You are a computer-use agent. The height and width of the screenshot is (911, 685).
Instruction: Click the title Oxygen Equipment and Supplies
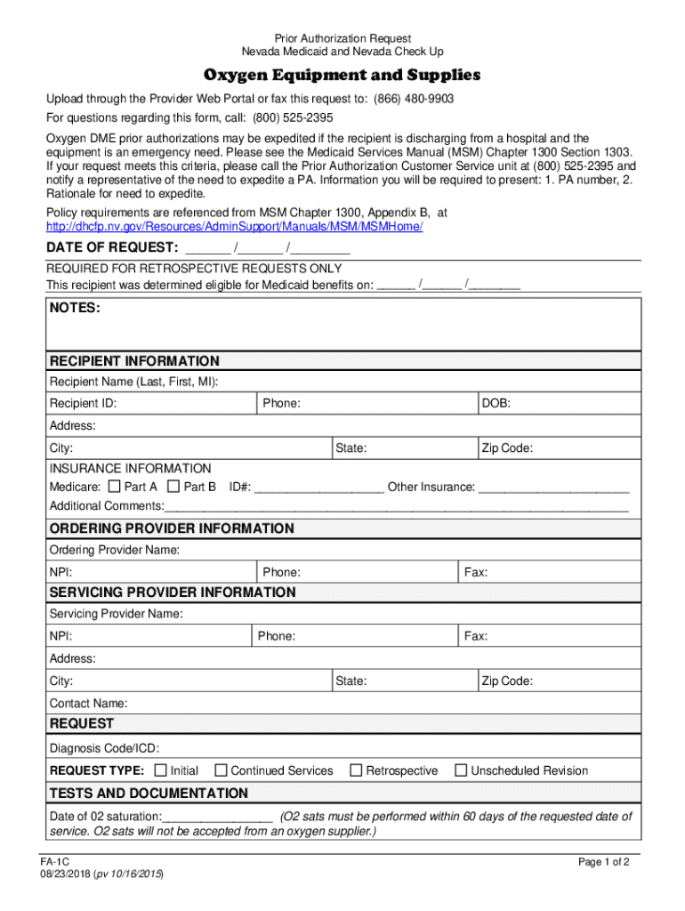[x=342, y=75]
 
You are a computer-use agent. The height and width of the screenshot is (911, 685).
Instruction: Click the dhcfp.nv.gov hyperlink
[x=235, y=227]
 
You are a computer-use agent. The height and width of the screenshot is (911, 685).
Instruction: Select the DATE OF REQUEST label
[x=112, y=246]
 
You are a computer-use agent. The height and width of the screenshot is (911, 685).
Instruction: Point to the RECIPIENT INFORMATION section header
[x=134, y=361]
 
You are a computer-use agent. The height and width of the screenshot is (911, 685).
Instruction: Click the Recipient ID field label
[x=83, y=404]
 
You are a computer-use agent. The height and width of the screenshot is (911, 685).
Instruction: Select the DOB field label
[x=496, y=404]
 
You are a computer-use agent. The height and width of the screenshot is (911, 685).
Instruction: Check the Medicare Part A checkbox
[x=114, y=487]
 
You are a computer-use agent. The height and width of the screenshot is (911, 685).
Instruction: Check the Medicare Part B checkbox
[x=173, y=487]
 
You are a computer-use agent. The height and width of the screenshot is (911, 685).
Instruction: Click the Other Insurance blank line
[x=553, y=488]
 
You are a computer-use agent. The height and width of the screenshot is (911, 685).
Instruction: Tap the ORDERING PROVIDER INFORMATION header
[x=172, y=528]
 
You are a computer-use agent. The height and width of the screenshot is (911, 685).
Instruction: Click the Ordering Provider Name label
[x=114, y=550]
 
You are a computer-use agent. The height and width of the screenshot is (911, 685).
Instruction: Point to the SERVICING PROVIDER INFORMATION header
[x=173, y=593]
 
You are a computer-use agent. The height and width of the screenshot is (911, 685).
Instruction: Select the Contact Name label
[x=88, y=703]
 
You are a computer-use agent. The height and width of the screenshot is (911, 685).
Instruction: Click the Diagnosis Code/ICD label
[x=105, y=748]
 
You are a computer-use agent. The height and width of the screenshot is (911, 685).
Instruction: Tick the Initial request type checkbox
[x=161, y=770]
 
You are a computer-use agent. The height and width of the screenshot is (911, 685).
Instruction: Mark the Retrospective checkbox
[x=356, y=770]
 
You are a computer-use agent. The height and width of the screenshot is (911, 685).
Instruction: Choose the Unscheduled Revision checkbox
[x=461, y=770]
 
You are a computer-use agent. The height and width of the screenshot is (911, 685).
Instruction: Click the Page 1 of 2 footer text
[x=604, y=862]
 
